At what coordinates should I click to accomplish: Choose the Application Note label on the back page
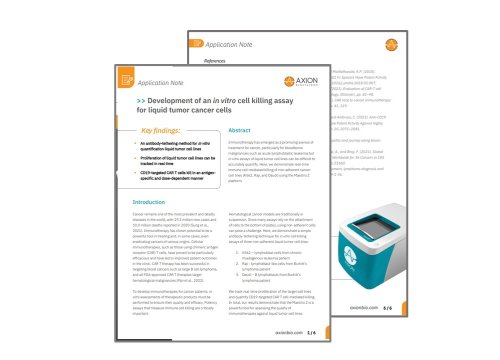[239, 44]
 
